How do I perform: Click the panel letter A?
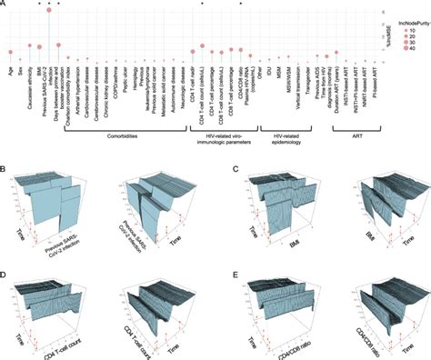click(x=4, y=5)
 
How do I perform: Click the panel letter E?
click(x=235, y=269)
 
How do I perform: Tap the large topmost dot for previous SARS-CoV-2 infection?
click(x=48, y=9)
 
